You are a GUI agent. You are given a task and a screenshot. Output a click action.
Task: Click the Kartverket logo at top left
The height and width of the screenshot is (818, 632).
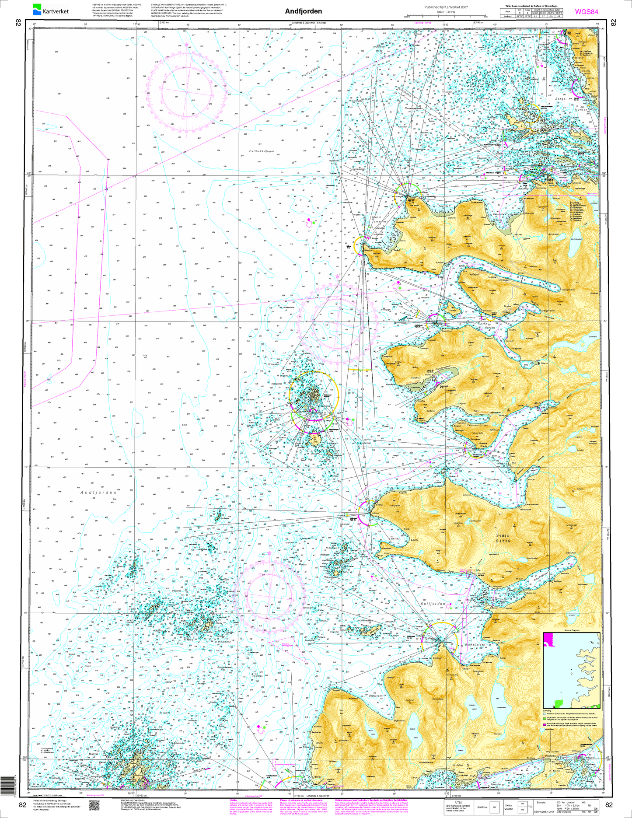pyautogui.click(x=51, y=10)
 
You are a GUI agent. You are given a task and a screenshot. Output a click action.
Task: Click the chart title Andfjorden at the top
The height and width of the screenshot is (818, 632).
pyautogui.click(x=303, y=11)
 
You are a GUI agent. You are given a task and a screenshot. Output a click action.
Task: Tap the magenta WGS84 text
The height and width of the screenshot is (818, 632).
pyautogui.click(x=587, y=12)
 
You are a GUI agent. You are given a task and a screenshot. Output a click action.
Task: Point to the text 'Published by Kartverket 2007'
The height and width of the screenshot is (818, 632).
pyautogui.click(x=446, y=7)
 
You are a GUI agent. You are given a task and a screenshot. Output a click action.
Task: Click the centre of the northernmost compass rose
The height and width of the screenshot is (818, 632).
pyautogui.click(x=187, y=92)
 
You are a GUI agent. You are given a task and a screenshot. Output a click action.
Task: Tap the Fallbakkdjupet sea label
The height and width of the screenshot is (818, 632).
pyautogui.click(x=262, y=151)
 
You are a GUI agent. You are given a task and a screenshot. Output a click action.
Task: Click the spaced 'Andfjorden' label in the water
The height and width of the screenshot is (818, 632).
pyautogui.click(x=98, y=493)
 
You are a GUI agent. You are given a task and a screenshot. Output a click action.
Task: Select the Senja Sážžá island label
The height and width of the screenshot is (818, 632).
pyautogui.click(x=503, y=538)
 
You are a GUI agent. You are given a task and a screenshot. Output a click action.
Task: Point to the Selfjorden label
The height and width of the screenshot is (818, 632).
pyautogui.click(x=433, y=604)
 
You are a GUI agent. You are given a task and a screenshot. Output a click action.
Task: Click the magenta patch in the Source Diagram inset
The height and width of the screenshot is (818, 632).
pyautogui.click(x=548, y=640)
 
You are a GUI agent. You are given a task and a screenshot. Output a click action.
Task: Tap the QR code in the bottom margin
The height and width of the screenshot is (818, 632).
pyautogui.click(x=95, y=805)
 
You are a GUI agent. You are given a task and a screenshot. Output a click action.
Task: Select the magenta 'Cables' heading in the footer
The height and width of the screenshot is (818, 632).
pyautogui.click(x=233, y=800)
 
